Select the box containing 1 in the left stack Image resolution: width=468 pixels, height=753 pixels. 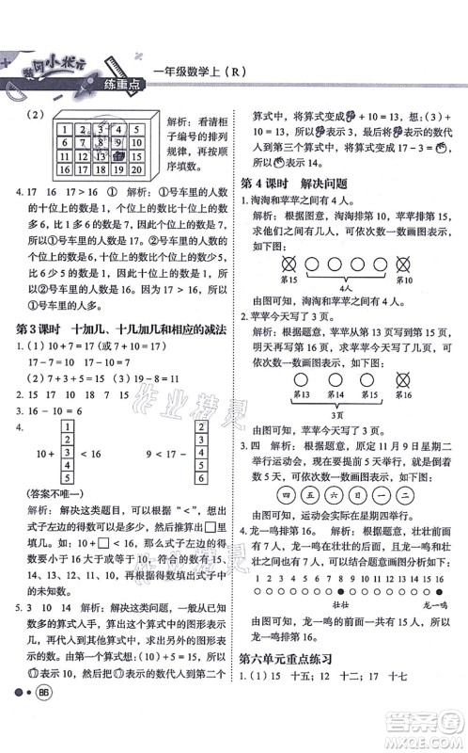pyautogui.click(x=67, y=427)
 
